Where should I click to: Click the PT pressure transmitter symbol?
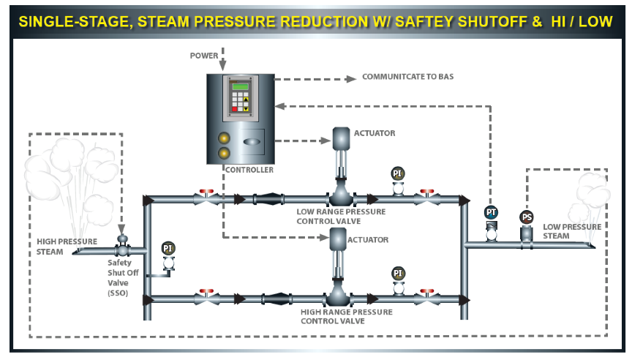point(491,213)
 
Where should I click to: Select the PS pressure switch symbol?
point(526,218)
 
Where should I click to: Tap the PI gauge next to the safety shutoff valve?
point(168,248)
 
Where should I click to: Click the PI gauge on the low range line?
point(398,173)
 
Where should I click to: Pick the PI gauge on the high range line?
point(398,274)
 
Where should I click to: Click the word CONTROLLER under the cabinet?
point(249,170)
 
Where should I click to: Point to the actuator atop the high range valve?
point(339,238)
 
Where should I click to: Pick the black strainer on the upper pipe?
point(269,198)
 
